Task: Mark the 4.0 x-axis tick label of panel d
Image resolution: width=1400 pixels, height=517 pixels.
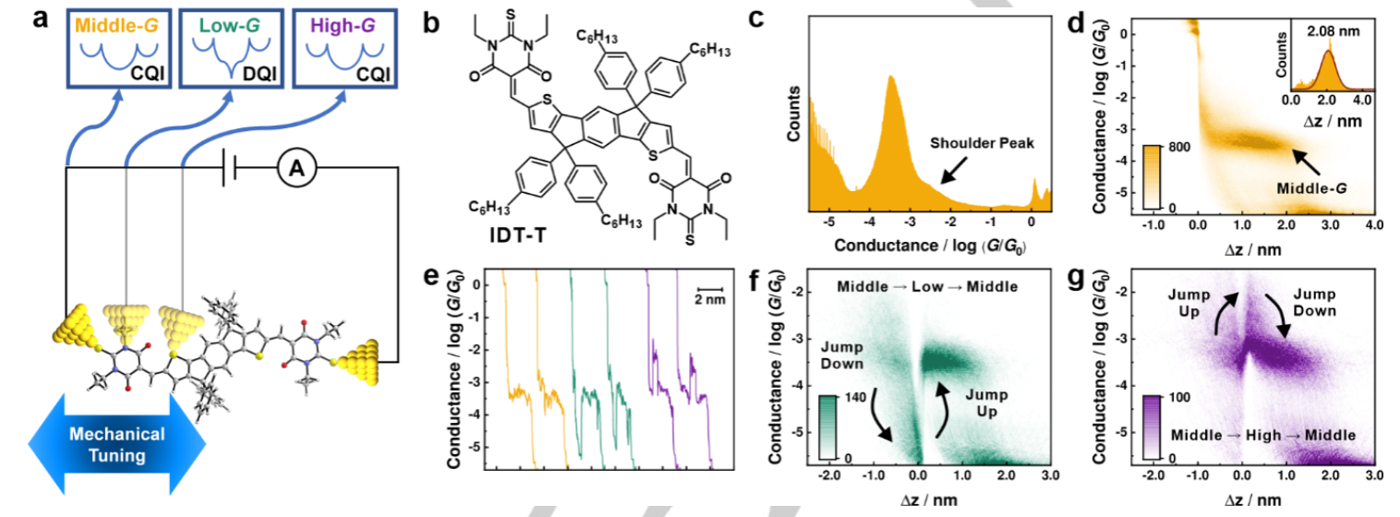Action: coord(1371,224)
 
